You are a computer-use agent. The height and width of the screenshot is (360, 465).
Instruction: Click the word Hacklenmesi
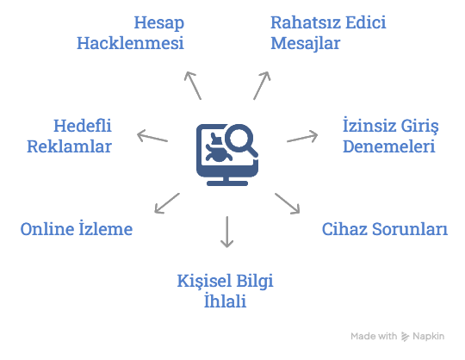pyautogui.click(x=130, y=43)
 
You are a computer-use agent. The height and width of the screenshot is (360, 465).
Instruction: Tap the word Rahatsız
pyautogui.click(x=306, y=22)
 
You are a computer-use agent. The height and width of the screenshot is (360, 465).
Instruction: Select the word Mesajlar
pyautogui.click(x=305, y=43)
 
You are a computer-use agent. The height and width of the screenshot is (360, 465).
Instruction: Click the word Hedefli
pyautogui.click(x=83, y=126)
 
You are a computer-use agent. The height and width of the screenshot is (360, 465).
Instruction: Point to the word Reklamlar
pyautogui.click(x=69, y=146)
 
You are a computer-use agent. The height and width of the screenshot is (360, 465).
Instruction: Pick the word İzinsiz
pyautogui.click(x=369, y=125)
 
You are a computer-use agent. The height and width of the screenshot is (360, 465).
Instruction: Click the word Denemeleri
pyautogui.click(x=388, y=146)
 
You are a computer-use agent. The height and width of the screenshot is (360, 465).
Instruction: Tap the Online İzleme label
pyautogui.click(x=77, y=228)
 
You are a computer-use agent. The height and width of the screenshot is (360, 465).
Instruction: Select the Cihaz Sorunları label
pyautogui.click(x=385, y=229)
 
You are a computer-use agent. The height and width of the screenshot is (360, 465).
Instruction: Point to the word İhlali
pyautogui.click(x=225, y=301)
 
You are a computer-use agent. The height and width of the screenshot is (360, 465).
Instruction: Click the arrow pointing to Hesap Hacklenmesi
pyautogui.click(x=193, y=85)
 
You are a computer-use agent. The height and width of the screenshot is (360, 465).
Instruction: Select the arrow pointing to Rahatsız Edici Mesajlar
pyautogui.click(x=262, y=85)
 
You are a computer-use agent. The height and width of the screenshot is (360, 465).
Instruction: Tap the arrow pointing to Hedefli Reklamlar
pyautogui.click(x=152, y=136)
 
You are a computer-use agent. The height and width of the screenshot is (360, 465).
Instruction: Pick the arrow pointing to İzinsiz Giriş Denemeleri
pyautogui.click(x=302, y=137)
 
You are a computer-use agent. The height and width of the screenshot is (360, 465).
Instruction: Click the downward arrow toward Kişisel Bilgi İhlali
pyautogui.click(x=226, y=232)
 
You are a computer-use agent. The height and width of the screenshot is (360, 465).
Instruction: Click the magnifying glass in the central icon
pyautogui.click(x=241, y=140)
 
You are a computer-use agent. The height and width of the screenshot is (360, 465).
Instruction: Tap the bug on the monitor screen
pyautogui.click(x=217, y=149)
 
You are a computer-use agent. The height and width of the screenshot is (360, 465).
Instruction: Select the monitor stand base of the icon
pyautogui.click(x=227, y=183)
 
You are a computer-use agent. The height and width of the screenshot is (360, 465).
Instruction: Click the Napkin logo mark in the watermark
pyautogui.click(x=405, y=337)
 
